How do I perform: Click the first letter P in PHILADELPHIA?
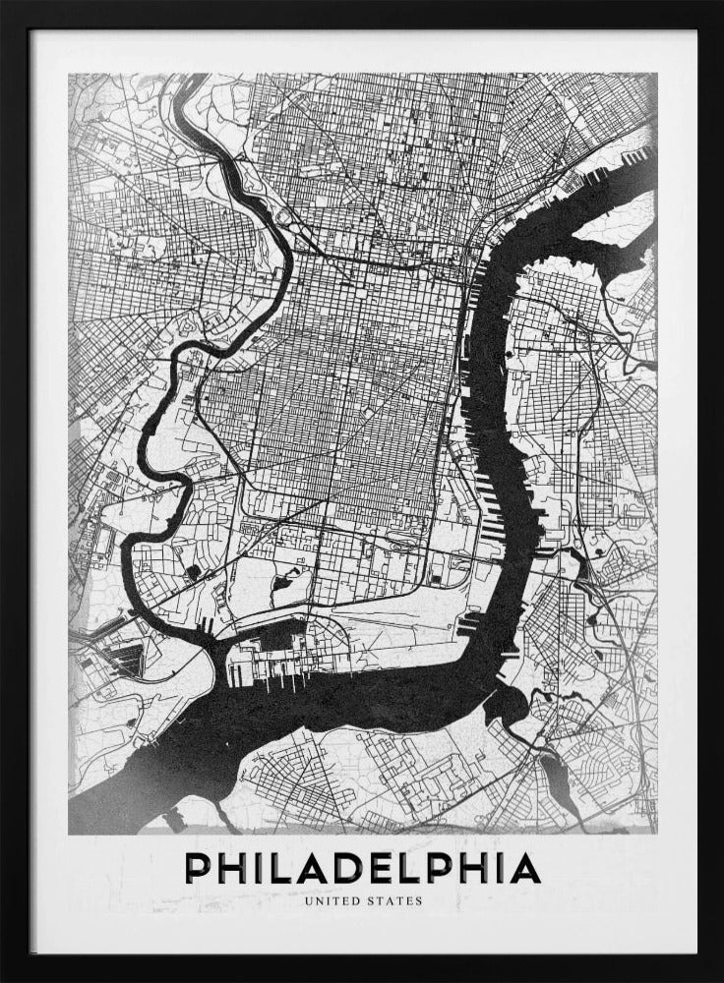point(200,868)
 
